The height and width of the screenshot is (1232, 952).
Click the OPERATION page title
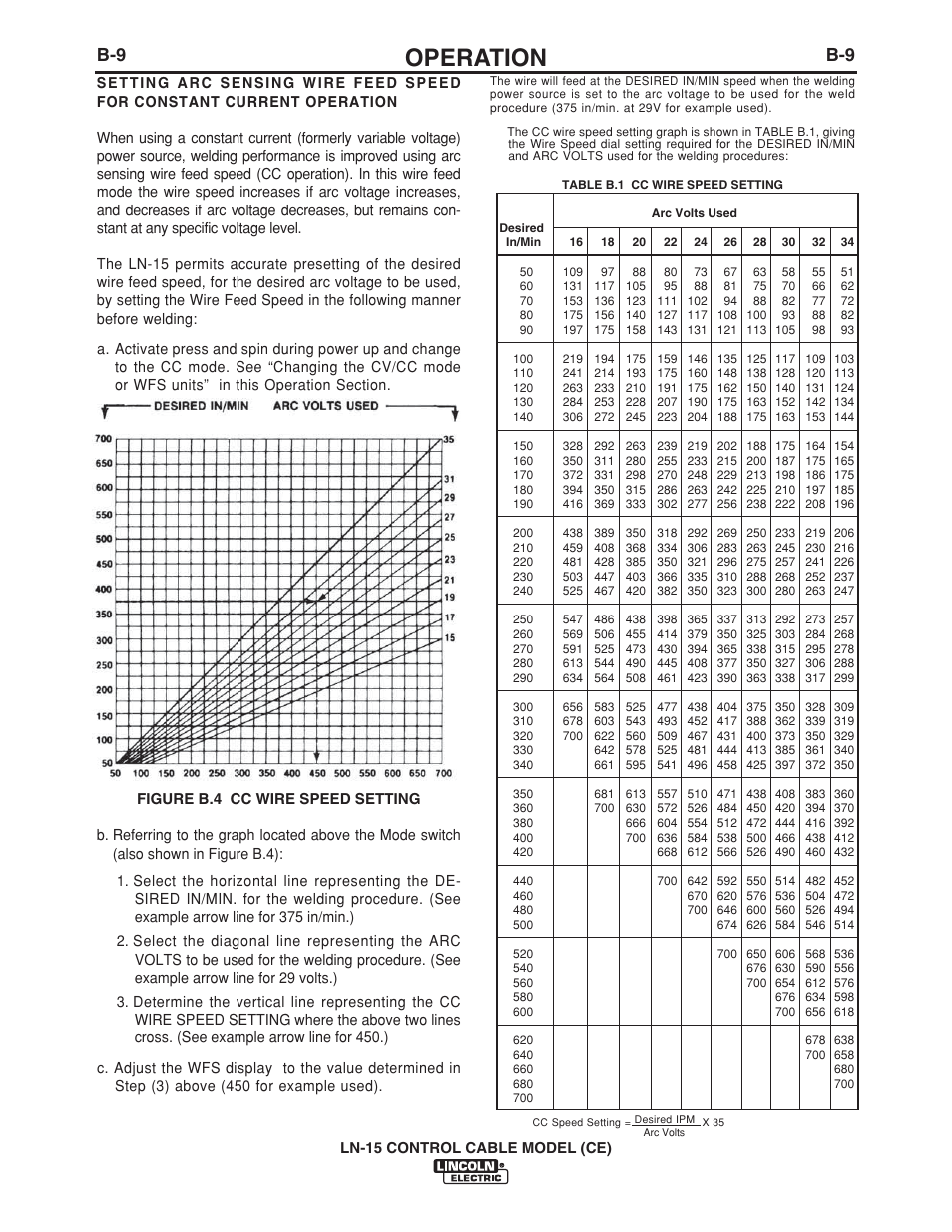pyautogui.click(x=475, y=57)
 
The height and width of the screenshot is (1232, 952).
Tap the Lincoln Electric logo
pyautogui.click(x=470, y=1172)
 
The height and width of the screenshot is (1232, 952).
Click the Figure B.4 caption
pyautogui.click(x=278, y=798)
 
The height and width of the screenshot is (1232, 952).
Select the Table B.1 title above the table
pyautogui.click(x=672, y=185)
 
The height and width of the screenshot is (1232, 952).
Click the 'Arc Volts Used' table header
pyautogui.click(x=694, y=213)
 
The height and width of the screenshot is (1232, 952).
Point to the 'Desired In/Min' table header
pyautogui.click(x=522, y=235)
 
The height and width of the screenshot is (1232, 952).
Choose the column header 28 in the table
pyautogui.click(x=759, y=242)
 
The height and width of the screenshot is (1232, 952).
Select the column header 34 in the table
pyautogui.click(x=846, y=242)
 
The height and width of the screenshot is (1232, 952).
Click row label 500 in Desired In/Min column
pyautogui.click(x=522, y=925)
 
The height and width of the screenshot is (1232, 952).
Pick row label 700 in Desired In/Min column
pyautogui.click(x=522, y=1098)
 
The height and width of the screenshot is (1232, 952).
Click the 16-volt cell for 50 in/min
pyautogui.click(x=572, y=272)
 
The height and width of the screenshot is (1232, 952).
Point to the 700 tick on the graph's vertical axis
pyautogui.click(x=103, y=439)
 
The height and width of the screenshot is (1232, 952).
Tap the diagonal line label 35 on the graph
pyautogui.click(x=449, y=440)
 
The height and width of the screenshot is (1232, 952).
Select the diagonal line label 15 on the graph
pyautogui.click(x=449, y=637)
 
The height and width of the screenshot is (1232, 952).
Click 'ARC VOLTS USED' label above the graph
pyautogui.click(x=326, y=406)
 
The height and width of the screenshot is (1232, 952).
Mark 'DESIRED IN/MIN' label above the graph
pyautogui.click(x=201, y=406)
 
